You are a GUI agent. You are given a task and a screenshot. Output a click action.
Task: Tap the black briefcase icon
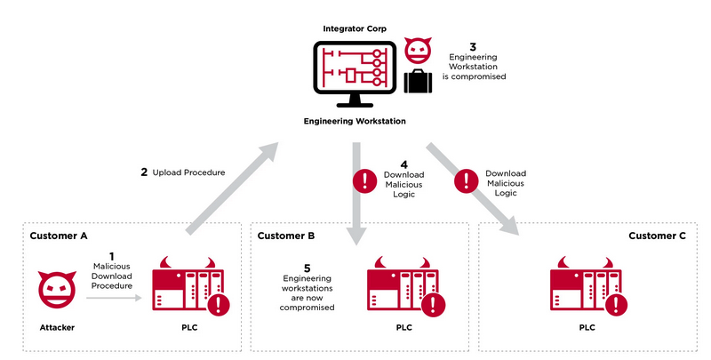419,82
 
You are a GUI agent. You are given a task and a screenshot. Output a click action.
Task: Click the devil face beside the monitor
418,50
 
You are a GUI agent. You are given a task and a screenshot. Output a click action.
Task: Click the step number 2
144,172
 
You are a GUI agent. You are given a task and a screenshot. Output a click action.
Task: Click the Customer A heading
59,236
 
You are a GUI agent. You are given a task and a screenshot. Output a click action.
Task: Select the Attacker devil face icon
56,290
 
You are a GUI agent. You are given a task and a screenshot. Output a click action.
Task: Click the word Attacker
57,328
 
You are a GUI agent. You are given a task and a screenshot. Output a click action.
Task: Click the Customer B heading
286,236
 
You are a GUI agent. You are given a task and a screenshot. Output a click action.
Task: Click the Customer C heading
658,236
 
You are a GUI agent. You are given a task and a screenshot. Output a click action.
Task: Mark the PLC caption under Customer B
404,328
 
